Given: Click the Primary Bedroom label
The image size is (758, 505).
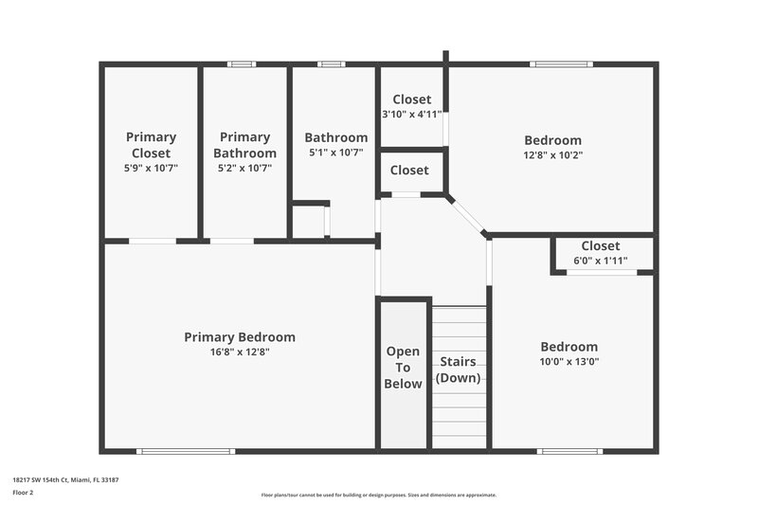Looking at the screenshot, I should click(x=239, y=337).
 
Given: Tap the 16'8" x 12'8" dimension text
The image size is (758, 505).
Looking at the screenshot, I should click(x=239, y=352).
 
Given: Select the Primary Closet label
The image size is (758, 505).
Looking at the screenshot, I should click(x=151, y=145).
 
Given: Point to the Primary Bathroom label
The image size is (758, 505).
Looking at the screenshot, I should click(x=244, y=145).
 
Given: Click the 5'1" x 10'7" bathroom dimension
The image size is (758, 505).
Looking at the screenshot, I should click(x=335, y=153).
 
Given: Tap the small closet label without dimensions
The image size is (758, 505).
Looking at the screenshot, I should click(x=409, y=171).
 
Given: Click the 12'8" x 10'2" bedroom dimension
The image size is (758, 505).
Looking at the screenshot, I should click(x=551, y=155).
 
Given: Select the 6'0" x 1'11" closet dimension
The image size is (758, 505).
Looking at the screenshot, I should click(x=601, y=261).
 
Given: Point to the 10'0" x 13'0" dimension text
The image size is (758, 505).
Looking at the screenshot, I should click(x=568, y=361).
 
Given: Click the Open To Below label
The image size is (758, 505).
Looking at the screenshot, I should click(x=403, y=368).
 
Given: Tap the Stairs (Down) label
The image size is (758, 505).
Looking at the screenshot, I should click(x=458, y=370).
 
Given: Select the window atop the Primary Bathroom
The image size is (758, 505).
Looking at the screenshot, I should click(x=242, y=64).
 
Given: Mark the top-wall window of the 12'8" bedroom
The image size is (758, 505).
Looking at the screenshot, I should click(x=561, y=64).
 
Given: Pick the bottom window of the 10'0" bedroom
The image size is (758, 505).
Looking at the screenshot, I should click(x=569, y=451).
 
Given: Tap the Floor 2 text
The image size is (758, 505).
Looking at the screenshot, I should click(x=23, y=494).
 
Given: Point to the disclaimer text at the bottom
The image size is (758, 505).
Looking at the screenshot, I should click(x=378, y=495).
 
